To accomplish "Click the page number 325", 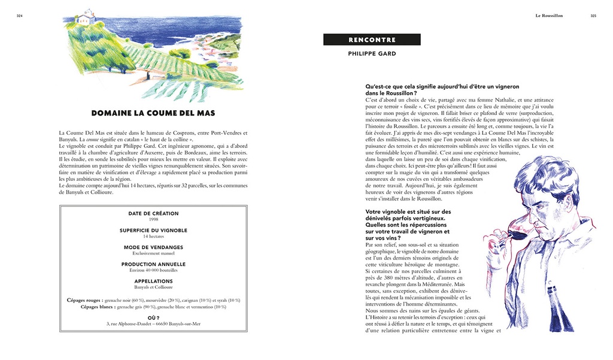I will pyautogui.click(x=593, y=16).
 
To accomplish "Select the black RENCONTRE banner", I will pyautogui.click(x=372, y=40).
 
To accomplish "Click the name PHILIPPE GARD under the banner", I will pyautogui.click(x=372, y=54).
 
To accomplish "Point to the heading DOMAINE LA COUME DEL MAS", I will pyautogui.click(x=153, y=113).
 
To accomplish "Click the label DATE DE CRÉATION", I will pyautogui.click(x=153, y=214).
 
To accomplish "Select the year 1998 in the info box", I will pyautogui.click(x=153, y=220).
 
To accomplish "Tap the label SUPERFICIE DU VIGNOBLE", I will pyautogui.click(x=153, y=231).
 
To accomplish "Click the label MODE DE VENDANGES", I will pyautogui.click(x=153, y=247).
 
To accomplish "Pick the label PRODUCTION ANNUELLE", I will pyautogui.click(x=153, y=264).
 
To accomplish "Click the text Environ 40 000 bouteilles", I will pyautogui.click(x=153, y=270).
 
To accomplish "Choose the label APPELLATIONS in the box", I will pyautogui.click(x=153, y=281).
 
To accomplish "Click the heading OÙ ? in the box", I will pyautogui.click(x=153, y=318).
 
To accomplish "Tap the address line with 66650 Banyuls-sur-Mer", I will pyautogui.click(x=153, y=324).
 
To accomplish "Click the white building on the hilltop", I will pyautogui.click(x=85, y=17).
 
